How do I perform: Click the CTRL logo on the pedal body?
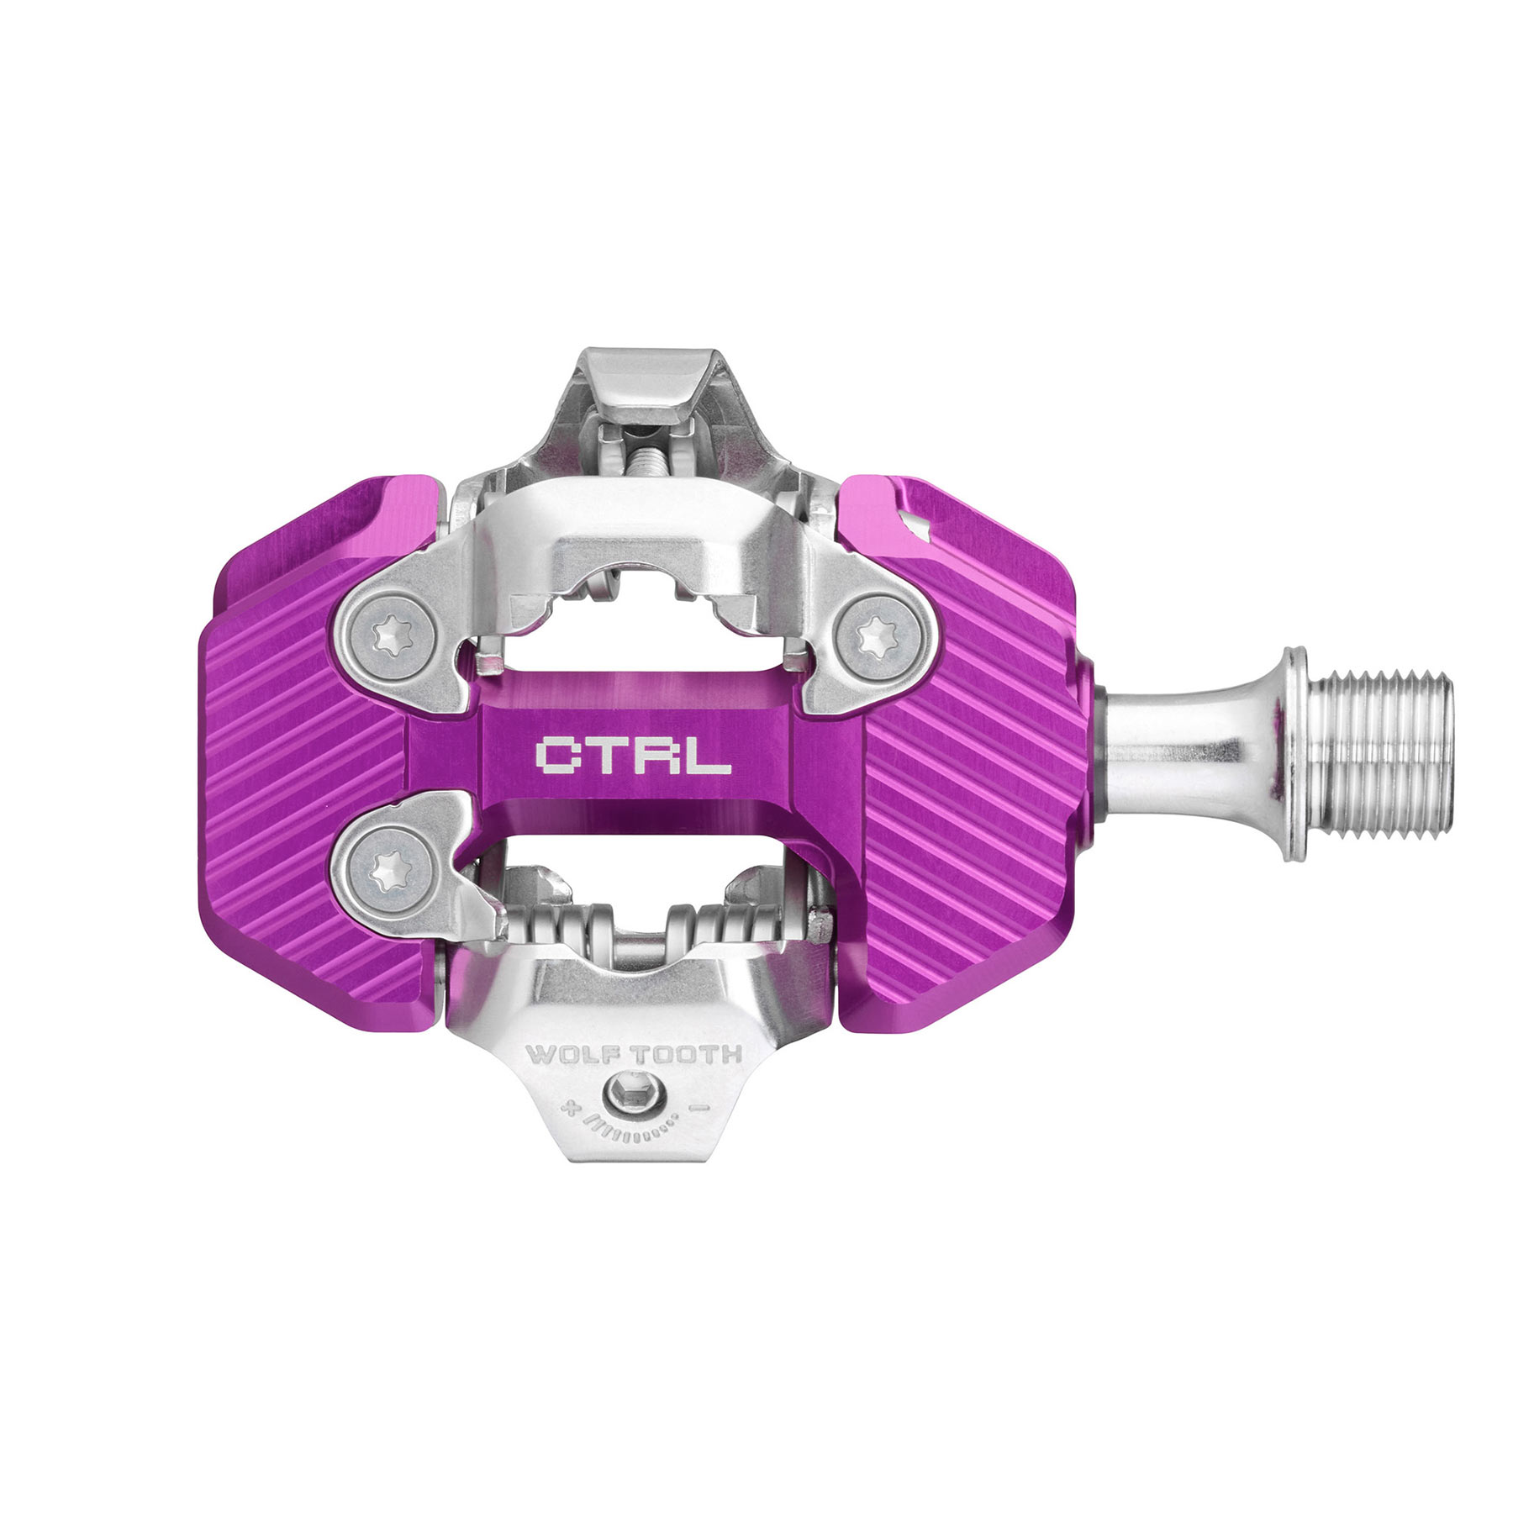[x=632, y=755]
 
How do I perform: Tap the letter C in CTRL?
[x=556, y=755]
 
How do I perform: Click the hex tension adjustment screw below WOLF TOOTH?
[x=633, y=1097]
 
